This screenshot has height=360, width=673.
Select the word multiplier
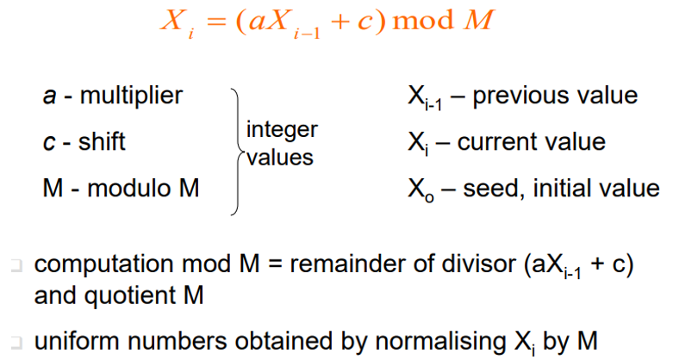[x=131, y=95]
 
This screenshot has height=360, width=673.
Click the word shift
[x=102, y=141]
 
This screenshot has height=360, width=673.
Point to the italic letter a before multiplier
[x=50, y=96]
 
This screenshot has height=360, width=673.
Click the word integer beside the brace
[x=282, y=131]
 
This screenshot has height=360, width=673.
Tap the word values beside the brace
[x=280, y=158]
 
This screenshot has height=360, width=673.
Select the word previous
[x=526, y=95]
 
